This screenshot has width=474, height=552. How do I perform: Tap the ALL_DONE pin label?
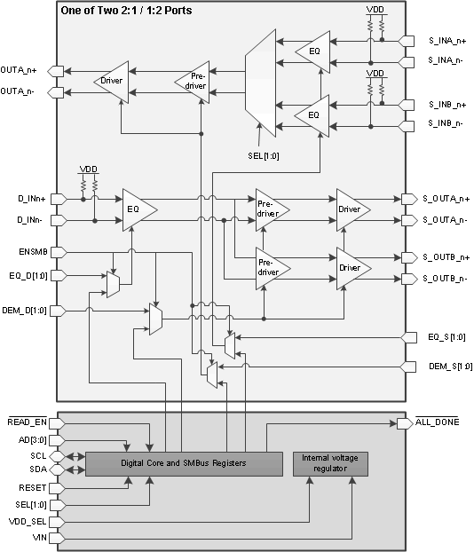coord(437,422)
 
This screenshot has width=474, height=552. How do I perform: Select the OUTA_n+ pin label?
coord(26,70)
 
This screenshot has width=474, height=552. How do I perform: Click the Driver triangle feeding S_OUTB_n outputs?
coord(352,267)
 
